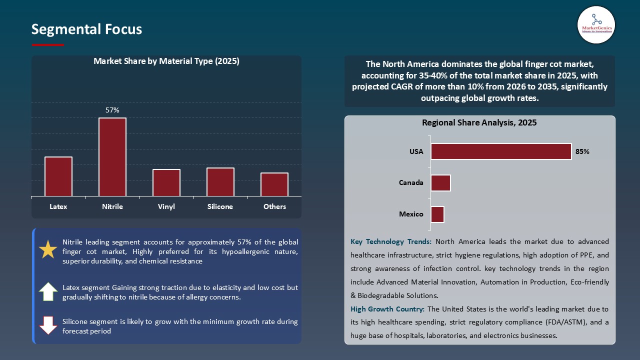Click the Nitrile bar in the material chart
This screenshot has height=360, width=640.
pos(112,157)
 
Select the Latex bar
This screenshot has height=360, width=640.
pos(58,176)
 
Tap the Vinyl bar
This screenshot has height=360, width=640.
pos(166,183)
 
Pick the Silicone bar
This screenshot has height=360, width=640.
pos(220,182)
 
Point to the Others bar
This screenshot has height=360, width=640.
pos(274,184)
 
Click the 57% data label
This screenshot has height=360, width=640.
pos(112,110)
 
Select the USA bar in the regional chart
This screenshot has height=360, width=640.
pos(501,151)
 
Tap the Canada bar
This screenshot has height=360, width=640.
pos(440,183)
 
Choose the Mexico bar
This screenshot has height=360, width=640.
pos(437,214)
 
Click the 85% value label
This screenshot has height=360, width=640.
pos(582,151)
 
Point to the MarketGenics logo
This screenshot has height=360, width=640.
pos(596,24)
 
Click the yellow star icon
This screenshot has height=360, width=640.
pos(48,249)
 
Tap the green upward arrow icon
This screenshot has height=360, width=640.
pos(48,291)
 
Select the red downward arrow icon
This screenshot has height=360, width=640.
pos(48,325)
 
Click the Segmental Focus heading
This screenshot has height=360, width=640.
pos(86,29)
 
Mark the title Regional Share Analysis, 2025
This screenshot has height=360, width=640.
pos(479,122)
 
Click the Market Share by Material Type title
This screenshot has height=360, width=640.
pos(166,61)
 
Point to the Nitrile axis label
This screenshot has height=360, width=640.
pos(112,206)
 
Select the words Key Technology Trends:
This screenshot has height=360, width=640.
pos(391,241)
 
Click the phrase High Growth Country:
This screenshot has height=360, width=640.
pos(388,309)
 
